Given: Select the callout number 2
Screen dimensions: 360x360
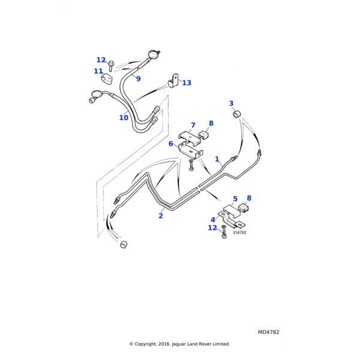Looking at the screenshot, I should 161,216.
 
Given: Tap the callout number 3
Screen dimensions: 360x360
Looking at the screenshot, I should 231,103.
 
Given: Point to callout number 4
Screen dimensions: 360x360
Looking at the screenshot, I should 213,220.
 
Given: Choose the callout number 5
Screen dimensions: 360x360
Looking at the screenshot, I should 235,199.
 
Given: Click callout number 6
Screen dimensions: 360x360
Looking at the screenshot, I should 171,144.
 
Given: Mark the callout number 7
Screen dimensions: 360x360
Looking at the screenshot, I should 193,125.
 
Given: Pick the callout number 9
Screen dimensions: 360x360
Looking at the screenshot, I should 138,79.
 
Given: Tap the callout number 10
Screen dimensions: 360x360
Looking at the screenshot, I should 124,118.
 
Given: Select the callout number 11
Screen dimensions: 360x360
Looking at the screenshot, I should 98,71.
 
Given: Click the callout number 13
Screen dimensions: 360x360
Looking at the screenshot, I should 187,83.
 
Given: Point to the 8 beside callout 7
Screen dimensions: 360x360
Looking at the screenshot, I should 211,124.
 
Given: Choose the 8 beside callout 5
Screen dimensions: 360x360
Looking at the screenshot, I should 249,198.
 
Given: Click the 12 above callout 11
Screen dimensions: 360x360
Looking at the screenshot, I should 101,60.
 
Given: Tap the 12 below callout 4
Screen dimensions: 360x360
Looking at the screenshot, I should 212,228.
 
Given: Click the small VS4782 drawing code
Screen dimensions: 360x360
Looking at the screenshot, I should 239,233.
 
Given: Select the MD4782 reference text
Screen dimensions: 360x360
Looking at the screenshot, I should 269,332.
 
